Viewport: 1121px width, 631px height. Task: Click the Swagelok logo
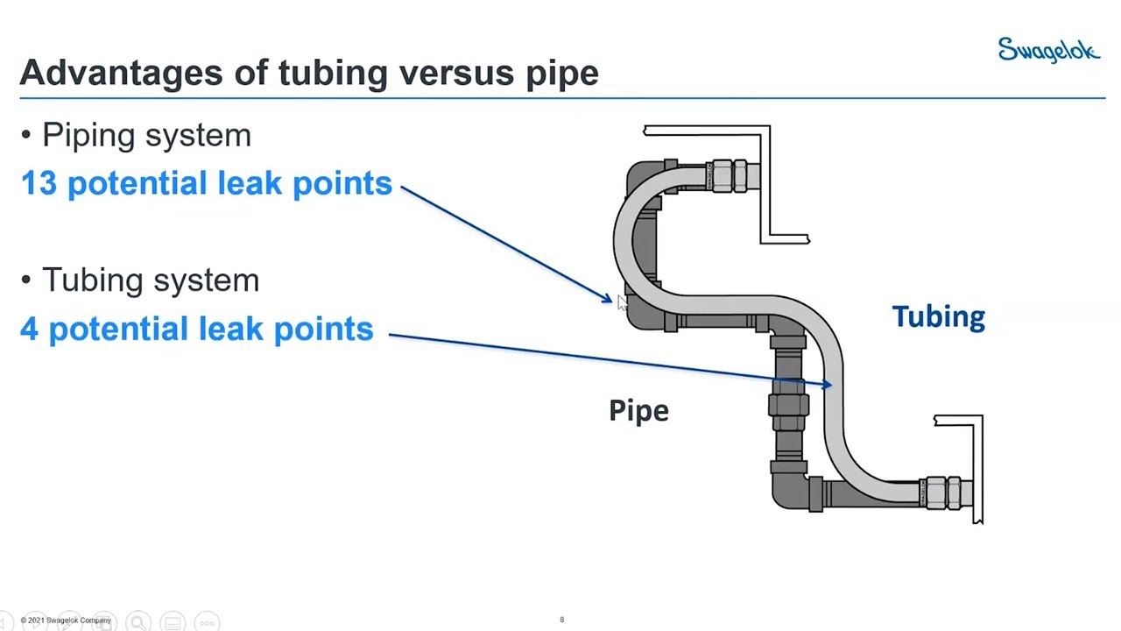pos(1048,50)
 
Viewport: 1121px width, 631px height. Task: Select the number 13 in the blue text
pos(39,183)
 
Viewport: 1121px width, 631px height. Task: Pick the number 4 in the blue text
pos(29,329)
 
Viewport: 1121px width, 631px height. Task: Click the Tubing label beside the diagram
pos(938,317)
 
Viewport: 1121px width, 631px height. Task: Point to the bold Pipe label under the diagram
pos(638,411)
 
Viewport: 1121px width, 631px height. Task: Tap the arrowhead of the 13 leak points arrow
pos(608,299)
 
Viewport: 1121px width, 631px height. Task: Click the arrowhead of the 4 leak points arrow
pos(826,384)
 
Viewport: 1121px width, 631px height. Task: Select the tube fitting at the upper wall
pos(730,176)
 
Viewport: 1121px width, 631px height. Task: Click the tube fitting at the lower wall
pos(944,493)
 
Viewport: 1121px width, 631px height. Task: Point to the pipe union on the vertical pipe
pos(789,405)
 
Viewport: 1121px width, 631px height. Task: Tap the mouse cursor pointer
pos(622,303)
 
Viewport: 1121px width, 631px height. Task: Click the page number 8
pos(562,620)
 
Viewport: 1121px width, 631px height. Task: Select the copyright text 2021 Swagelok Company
pos(66,620)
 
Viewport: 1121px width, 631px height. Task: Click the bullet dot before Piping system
pos(26,135)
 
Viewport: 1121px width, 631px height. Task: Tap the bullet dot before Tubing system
pos(26,280)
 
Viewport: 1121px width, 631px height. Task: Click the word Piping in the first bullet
pos(88,136)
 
